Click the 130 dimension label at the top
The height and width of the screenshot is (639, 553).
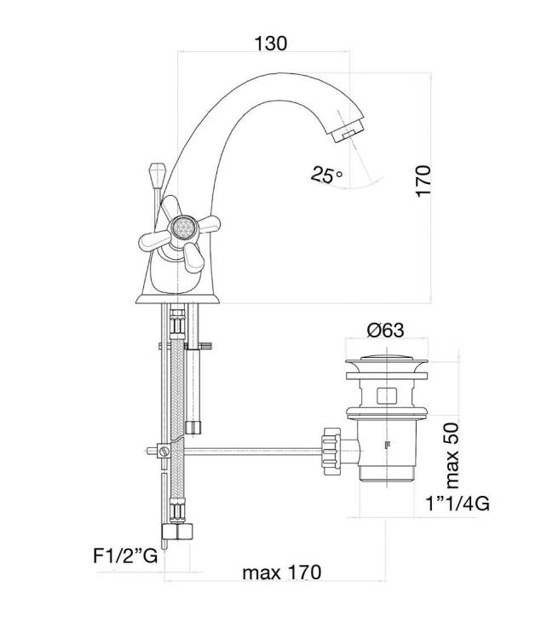point(271,43)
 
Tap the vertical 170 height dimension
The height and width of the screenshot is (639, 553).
point(423,181)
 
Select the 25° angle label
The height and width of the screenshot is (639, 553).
point(326,175)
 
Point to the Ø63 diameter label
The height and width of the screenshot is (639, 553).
point(385,330)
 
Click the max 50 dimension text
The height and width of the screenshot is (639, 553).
point(452,456)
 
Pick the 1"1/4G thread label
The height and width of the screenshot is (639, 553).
point(458,504)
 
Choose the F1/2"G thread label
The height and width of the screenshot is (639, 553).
point(125,556)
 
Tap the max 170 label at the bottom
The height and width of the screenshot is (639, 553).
point(281,573)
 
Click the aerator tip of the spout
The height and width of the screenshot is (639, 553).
point(348,130)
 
